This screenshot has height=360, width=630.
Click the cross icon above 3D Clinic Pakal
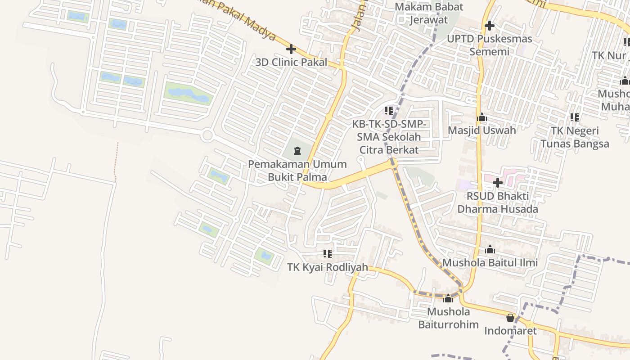[291, 49]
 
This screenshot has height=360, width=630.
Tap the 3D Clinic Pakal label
[291, 63]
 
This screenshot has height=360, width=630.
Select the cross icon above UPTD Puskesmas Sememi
[490, 26]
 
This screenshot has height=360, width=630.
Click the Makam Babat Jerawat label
[429, 13]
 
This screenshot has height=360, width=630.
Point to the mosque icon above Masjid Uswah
[482, 117]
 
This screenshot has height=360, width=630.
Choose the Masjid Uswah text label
[482, 130]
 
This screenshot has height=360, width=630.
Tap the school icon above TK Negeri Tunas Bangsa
[575, 117]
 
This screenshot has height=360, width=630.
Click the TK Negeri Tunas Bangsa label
[575, 137]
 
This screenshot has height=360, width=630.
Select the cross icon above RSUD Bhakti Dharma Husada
[498, 183]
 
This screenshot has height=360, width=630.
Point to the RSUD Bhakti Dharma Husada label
[498, 202]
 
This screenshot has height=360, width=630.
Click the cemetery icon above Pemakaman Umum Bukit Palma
[297, 150]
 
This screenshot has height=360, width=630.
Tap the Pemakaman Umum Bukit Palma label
[297, 170]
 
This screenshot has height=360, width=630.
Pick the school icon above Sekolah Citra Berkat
[389, 110]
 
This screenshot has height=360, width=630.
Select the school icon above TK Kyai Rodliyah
[328, 254]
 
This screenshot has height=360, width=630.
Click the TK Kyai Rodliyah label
[328, 267]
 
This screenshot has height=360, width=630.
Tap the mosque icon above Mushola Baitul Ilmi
[490, 250]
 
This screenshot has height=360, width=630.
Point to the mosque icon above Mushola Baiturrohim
[448, 298]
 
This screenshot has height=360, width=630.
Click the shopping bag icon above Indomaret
[510, 318]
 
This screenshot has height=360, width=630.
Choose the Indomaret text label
[510, 331]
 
